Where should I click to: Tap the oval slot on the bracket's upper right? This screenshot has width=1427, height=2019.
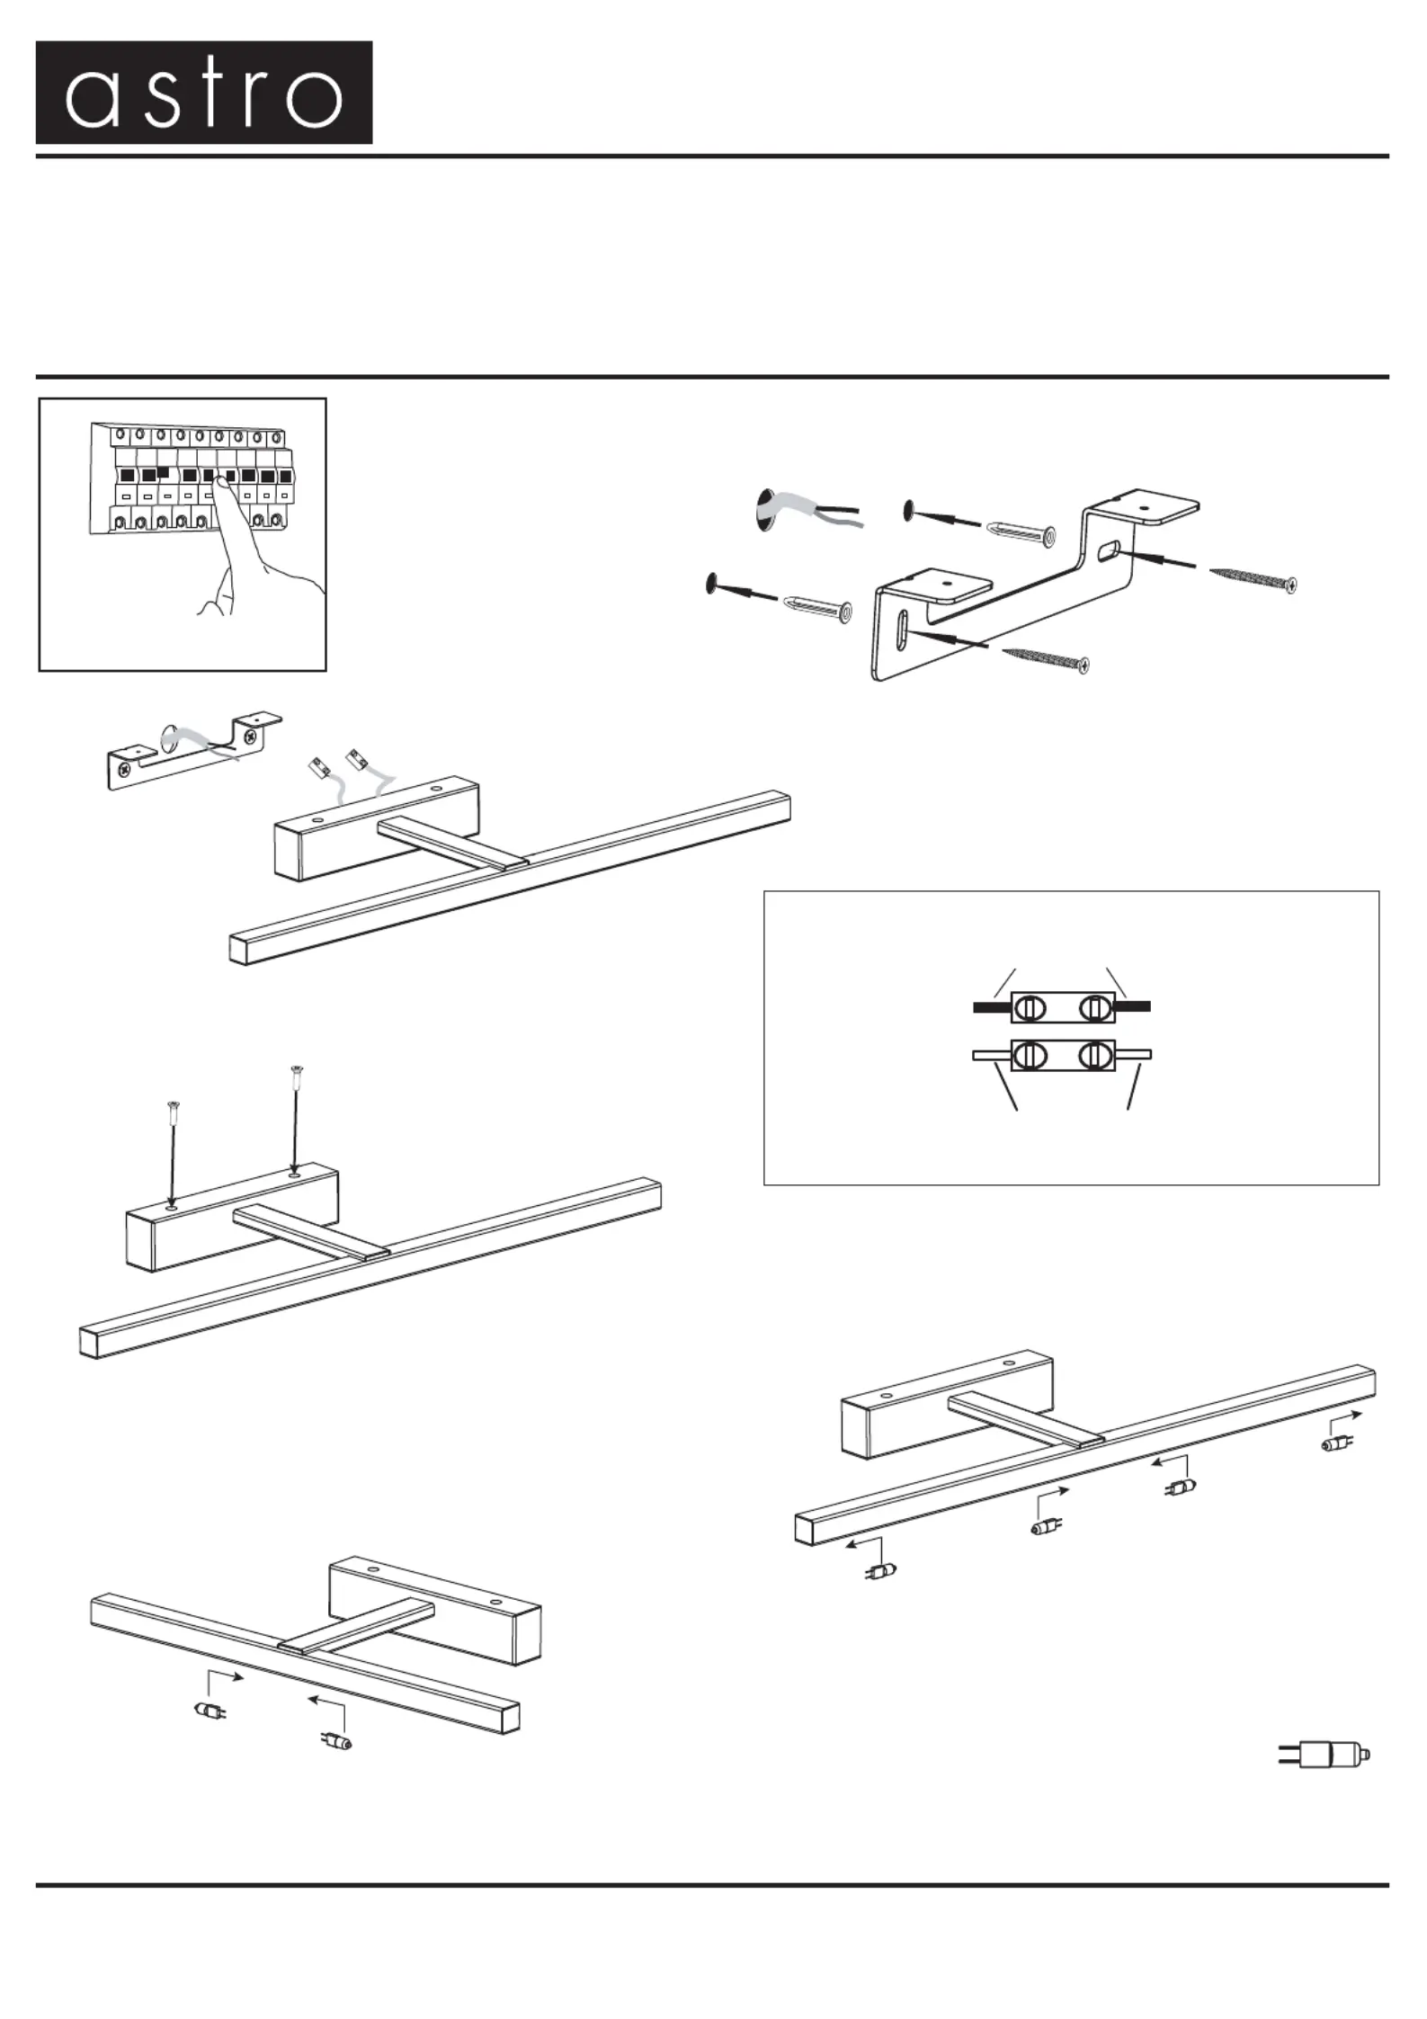(1110, 548)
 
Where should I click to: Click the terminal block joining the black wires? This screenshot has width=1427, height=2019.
(1062, 1007)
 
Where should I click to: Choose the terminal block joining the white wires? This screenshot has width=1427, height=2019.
(1062, 1055)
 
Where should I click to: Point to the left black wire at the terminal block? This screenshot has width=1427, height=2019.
(992, 1007)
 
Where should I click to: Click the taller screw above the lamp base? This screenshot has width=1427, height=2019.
(295, 1115)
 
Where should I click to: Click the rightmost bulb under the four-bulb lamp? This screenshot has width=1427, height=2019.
(1336, 1444)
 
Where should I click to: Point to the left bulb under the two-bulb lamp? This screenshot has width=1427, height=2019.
(210, 1710)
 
